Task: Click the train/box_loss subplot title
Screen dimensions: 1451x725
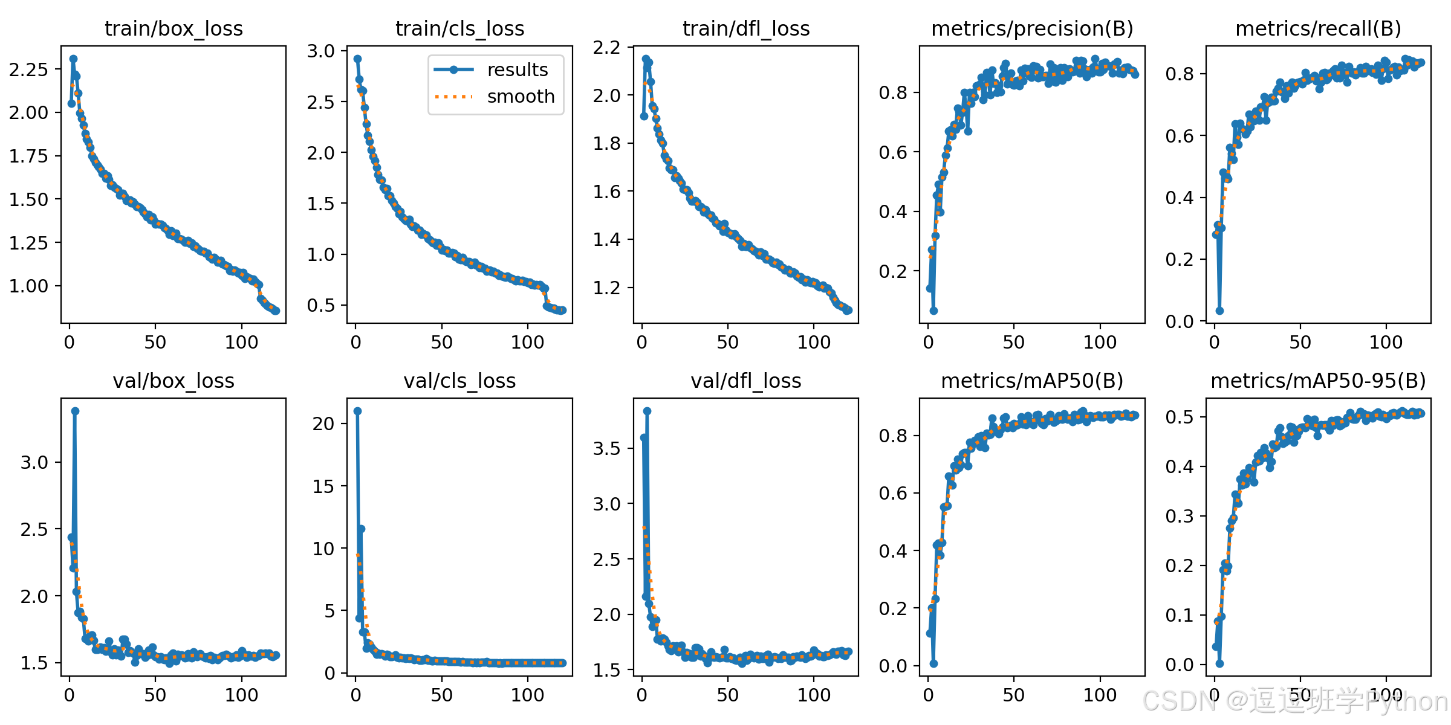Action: (x=174, y=28)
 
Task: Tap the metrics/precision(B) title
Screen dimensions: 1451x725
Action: (x=1032, y=28)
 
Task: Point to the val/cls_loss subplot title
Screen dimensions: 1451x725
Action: (x=459, y=381)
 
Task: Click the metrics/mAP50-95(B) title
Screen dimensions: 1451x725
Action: (x=1318, y=381)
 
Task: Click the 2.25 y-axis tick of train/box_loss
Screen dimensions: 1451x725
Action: (x=28, y=69)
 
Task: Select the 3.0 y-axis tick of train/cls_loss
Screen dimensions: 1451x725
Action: (x=321, y=51)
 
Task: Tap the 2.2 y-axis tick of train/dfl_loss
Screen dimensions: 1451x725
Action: (x=607, y=47)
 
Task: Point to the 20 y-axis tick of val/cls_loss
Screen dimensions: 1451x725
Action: (x=323, y=424)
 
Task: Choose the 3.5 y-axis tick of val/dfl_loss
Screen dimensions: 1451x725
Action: (x=607, y=448)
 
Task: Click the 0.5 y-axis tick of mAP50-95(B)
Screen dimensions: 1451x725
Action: (x=1180, y=417)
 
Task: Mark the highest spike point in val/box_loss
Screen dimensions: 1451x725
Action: (x=75, y=411)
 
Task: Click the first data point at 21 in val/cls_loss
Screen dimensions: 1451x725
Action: (x=357, y=411)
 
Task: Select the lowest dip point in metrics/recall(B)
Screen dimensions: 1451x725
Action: (x=1219, y=311)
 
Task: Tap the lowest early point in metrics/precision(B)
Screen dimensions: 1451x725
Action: (x=933, y=311)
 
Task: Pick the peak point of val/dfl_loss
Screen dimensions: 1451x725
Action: (x=647, y=411)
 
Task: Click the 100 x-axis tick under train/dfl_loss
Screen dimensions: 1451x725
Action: (x=814, y=343)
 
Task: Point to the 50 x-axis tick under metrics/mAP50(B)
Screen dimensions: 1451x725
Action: (x=1014, y=695)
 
